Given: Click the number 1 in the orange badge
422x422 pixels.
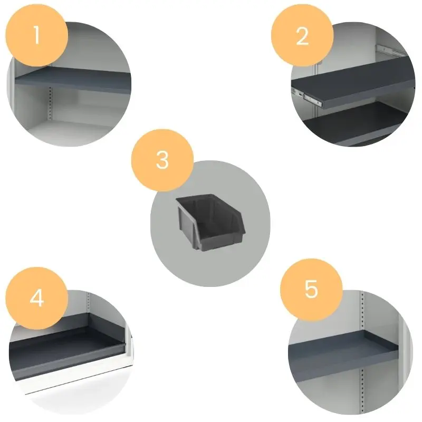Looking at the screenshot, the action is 36,35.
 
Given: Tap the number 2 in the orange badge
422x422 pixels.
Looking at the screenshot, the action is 302,36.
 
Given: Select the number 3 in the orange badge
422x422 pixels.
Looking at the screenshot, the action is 162,160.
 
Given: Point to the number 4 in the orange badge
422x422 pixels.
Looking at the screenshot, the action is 37,298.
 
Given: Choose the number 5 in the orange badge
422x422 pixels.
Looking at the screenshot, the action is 311,289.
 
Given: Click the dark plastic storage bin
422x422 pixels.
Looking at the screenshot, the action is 210,222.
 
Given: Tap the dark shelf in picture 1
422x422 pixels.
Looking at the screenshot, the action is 73,80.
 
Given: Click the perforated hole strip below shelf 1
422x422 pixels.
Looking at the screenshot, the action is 50,103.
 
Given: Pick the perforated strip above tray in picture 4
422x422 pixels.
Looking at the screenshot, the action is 88,303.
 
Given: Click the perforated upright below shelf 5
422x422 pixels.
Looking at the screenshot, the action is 362,390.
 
